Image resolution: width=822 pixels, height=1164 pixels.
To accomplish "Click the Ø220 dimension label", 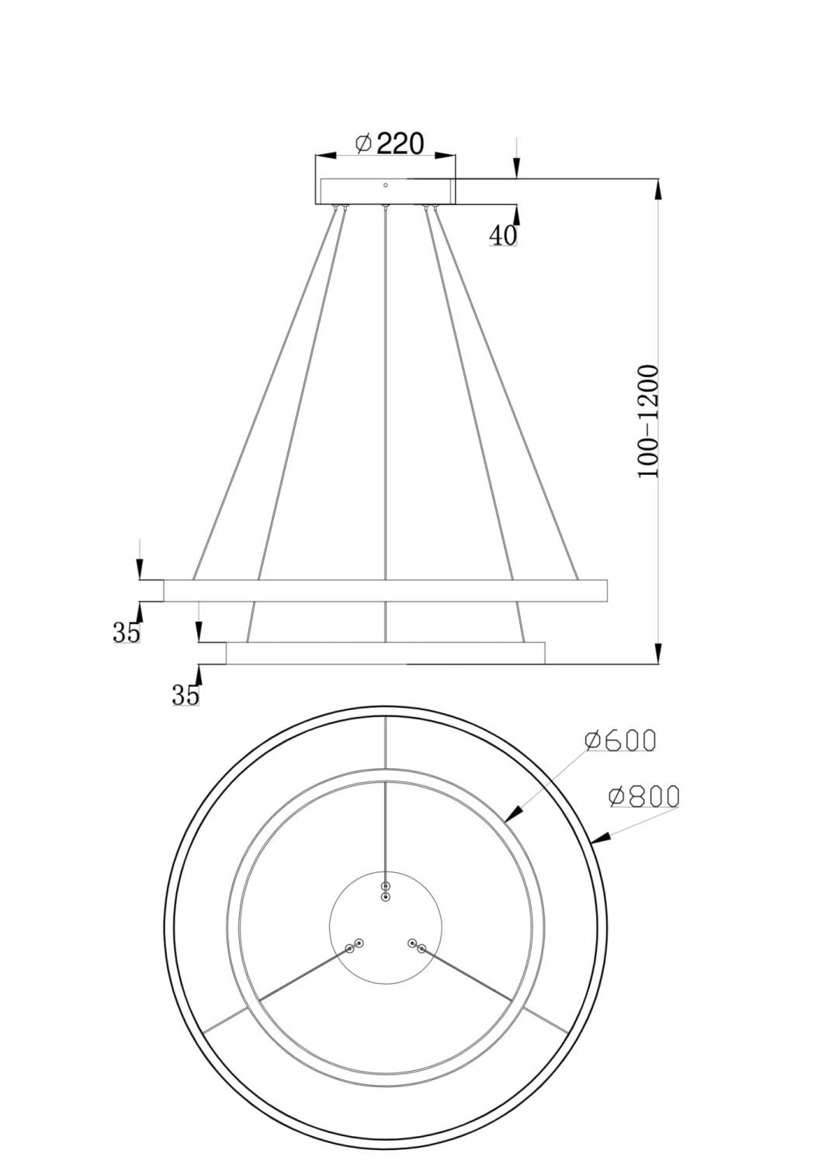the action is [x=389, y=144].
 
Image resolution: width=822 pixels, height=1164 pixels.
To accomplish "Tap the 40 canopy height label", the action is [x=503, y=235].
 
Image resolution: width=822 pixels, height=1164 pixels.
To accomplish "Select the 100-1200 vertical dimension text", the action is [x=648, y=421].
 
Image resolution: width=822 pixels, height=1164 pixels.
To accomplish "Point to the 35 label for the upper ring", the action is [x=127, y=632].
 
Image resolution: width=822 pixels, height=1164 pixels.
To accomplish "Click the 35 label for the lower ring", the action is [x=186, y=695].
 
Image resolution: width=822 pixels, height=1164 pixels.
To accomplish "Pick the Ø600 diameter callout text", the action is [x=620, y=740].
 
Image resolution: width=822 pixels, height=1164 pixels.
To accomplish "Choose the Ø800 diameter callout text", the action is [x=643, y=797].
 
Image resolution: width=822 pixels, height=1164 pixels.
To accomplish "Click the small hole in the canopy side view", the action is [x=385, y=185].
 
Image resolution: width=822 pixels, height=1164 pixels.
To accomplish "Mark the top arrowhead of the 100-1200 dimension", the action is [x=658, y=189].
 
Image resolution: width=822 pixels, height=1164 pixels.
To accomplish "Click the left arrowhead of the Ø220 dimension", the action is [x=326, y=154].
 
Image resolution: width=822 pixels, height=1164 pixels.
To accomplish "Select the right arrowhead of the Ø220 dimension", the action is [x=445, y=154].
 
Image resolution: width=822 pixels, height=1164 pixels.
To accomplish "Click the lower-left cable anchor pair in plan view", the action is [x=354, y=945].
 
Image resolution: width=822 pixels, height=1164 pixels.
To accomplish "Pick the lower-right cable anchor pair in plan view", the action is [x=417, y=945].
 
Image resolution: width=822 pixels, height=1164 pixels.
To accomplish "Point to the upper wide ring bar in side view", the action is [x=385, y=591].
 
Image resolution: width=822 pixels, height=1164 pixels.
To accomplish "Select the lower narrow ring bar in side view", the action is [x=385, y=653].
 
